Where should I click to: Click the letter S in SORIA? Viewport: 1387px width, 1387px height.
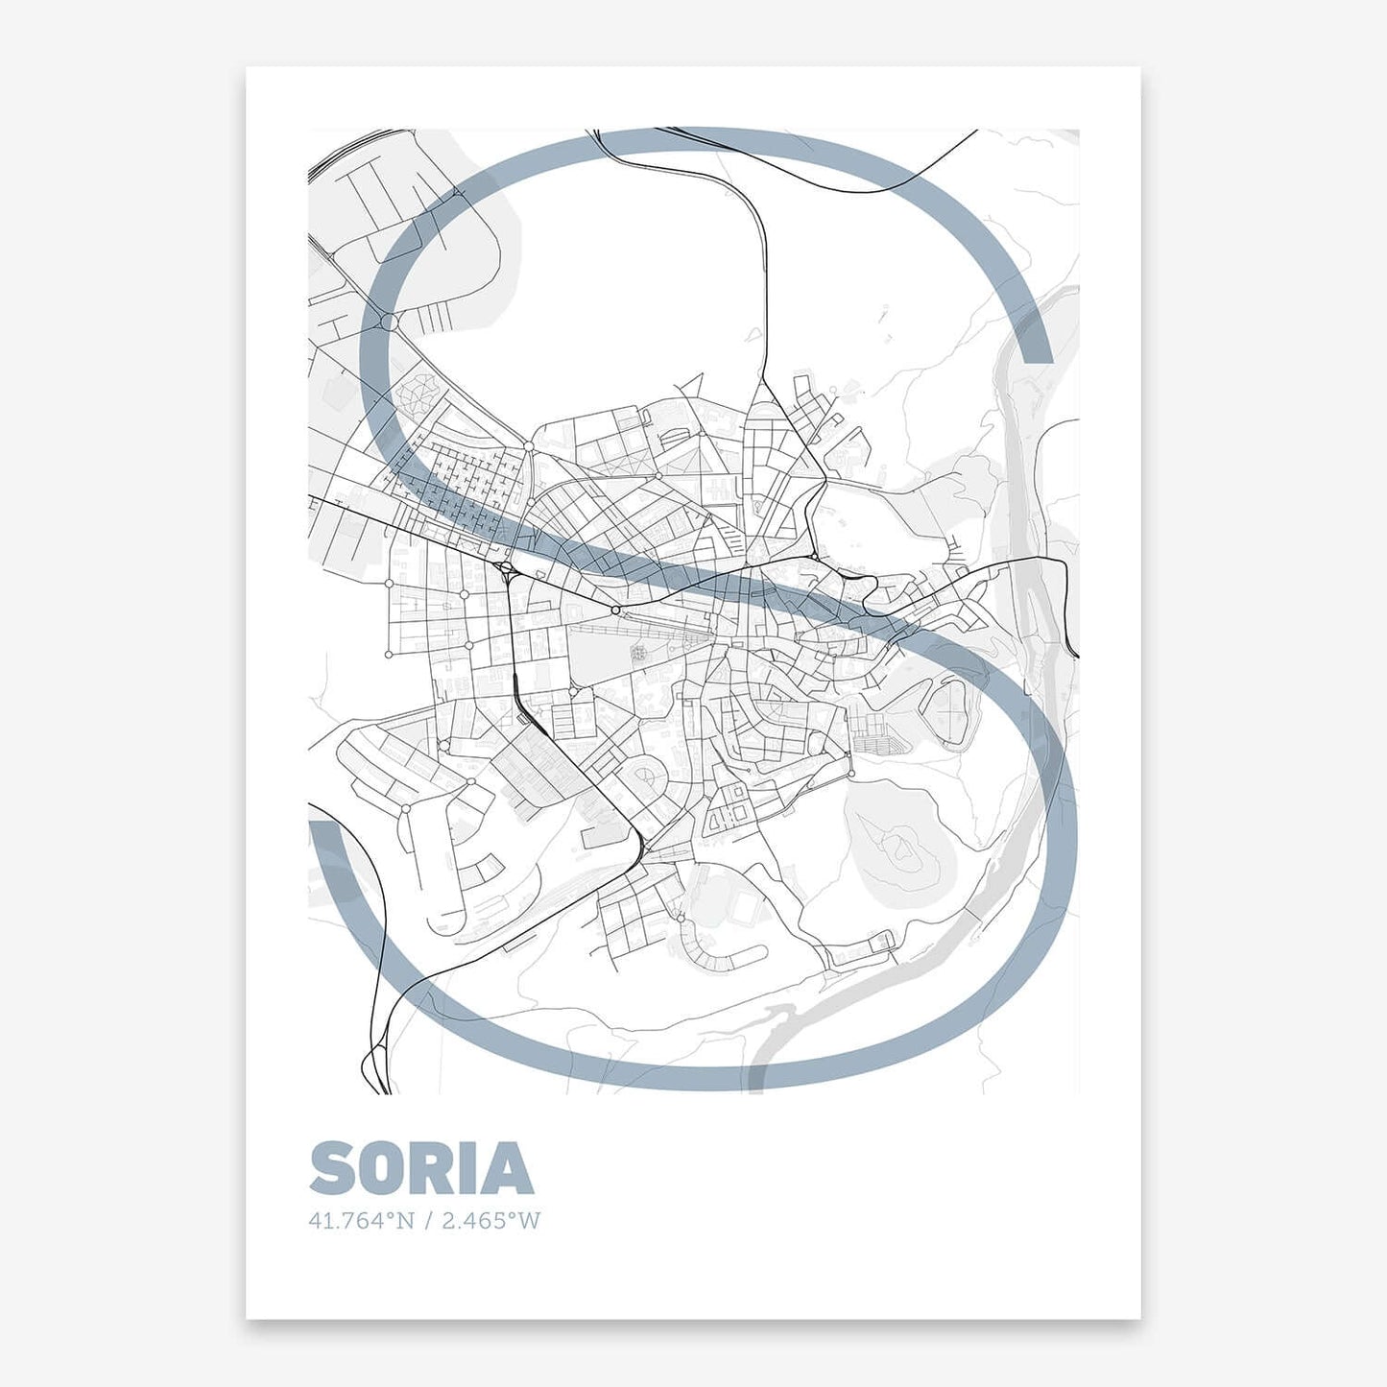coord(332,1168)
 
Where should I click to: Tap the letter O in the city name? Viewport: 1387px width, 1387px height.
coord(378,1168)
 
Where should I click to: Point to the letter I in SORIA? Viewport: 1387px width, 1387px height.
coord(467,1168)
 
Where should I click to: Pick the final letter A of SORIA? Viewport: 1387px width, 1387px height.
coord(506,1168)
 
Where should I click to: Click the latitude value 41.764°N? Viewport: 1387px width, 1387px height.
coord(361,1221)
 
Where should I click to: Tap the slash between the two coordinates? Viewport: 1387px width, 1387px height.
coord(428,1221)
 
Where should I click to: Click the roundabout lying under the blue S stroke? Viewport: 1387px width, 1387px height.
coord(389,321)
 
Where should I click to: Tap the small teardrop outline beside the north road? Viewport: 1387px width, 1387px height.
coord(756,334)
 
